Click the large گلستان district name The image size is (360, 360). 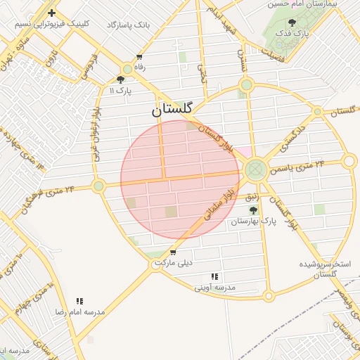[172, 110]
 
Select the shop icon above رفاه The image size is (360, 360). [139, 57]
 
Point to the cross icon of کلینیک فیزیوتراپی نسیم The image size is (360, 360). [51, 13]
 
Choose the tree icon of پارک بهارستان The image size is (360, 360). [253, 210]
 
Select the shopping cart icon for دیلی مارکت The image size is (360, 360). [173, 253]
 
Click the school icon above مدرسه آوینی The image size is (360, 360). [214, 277]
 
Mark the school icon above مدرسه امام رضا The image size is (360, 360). [80, 300]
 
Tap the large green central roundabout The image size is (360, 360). [255, 169]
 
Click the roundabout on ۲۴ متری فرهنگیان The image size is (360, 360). [98, 186]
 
